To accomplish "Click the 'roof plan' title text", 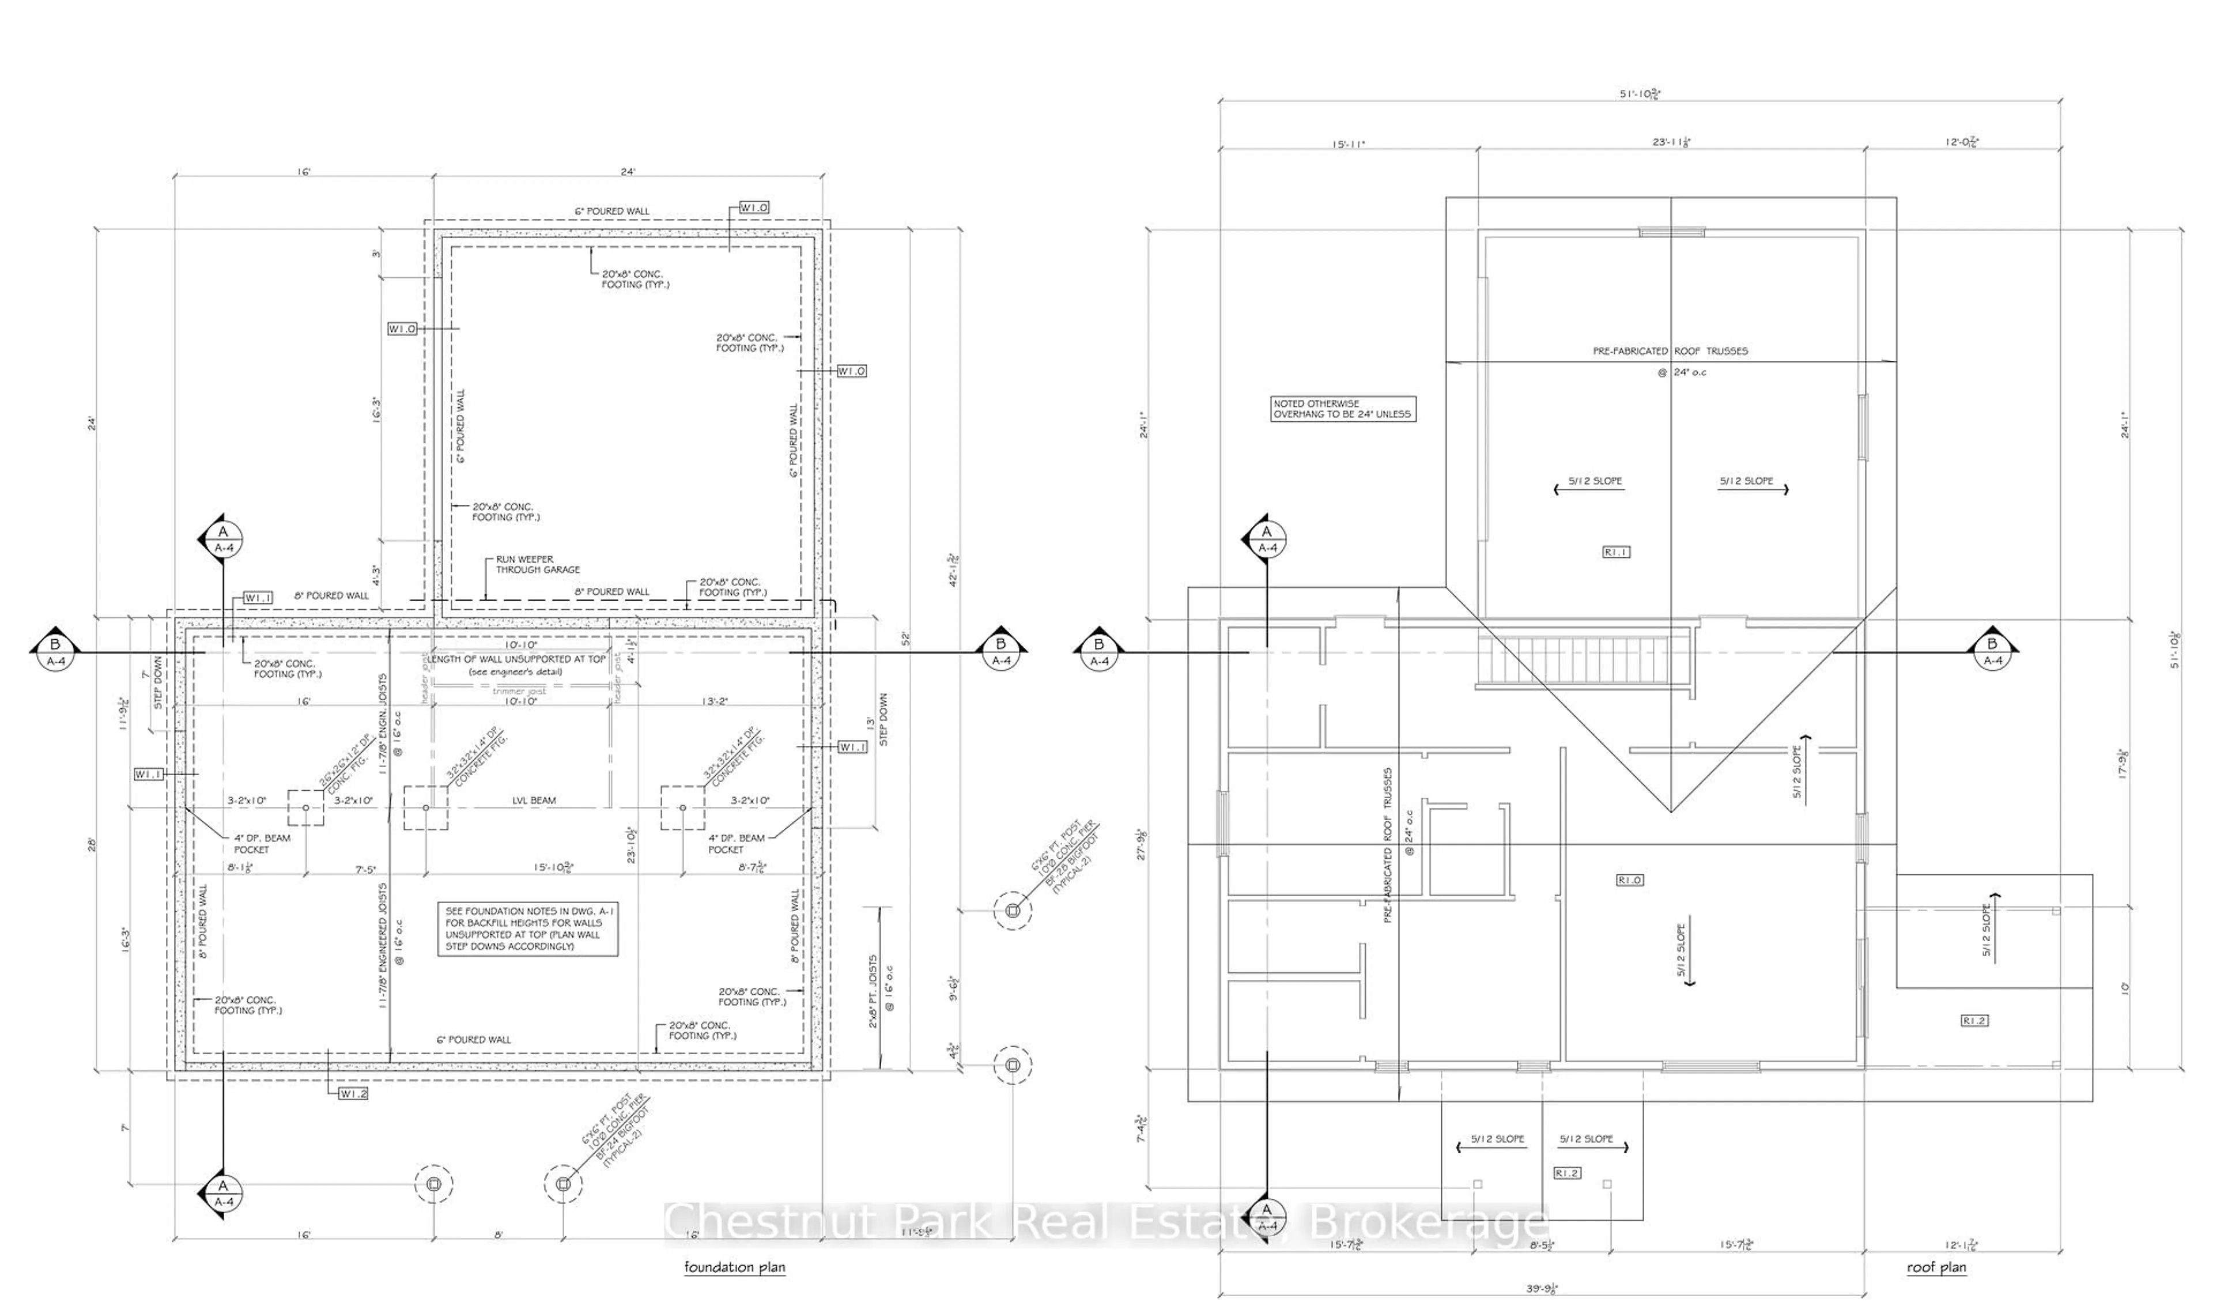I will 1936,1267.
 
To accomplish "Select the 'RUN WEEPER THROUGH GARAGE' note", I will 537,564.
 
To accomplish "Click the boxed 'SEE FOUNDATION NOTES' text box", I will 528,929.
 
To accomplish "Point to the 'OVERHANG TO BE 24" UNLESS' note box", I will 1343,409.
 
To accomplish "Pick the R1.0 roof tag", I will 1630,879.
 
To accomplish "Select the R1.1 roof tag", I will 1617,552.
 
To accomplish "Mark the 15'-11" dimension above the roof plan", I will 1347,144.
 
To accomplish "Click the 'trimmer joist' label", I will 519,691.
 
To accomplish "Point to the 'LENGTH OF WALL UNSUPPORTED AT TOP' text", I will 516,659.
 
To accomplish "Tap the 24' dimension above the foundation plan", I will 628,172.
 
